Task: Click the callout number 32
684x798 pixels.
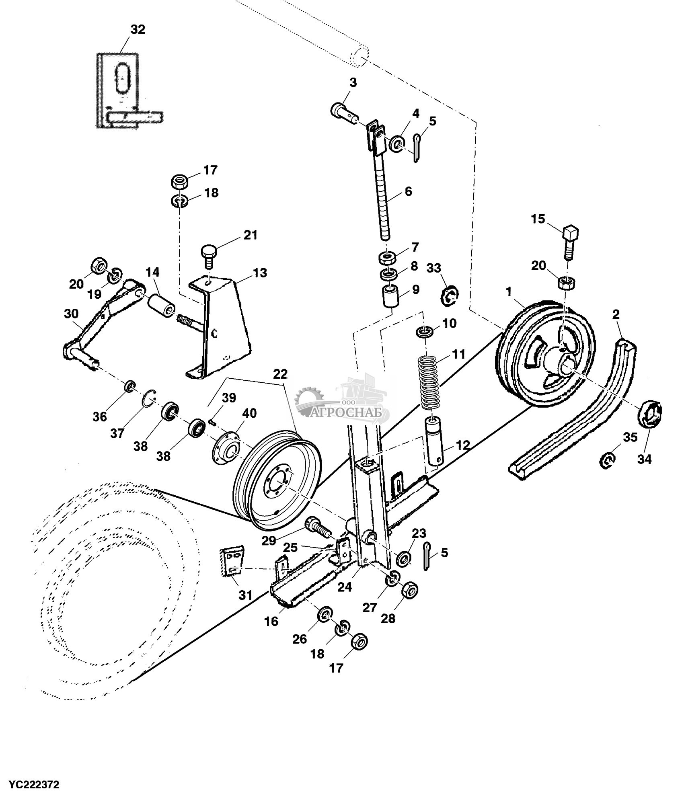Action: point(138,30)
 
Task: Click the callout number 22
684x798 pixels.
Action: point(280,374)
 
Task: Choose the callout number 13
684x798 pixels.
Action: point(260,273)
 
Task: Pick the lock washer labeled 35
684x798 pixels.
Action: point(607,459)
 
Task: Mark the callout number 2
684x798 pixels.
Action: point(616,315)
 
